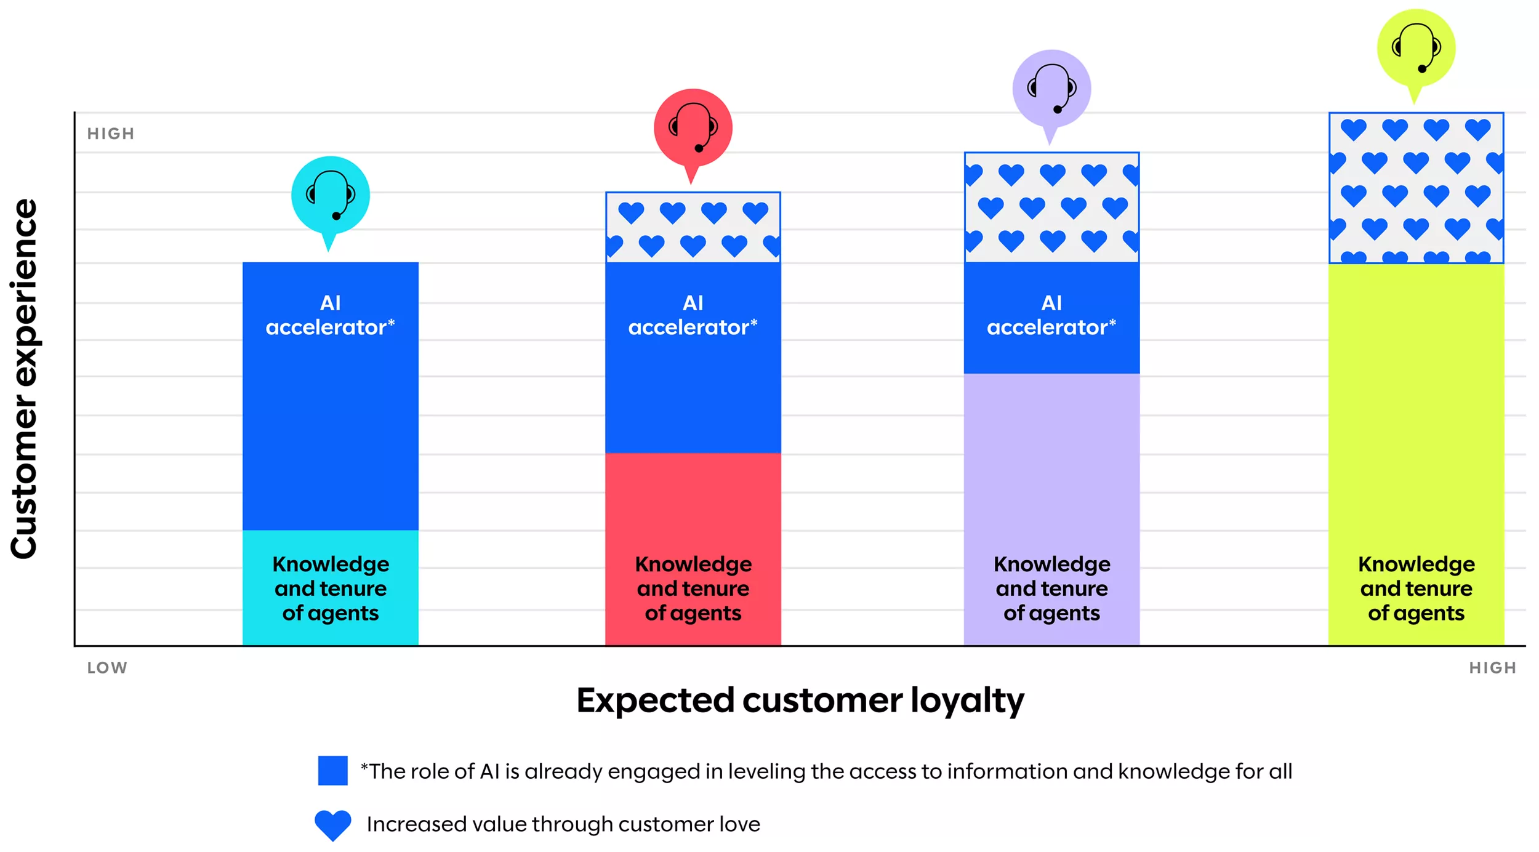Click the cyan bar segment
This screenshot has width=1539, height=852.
(x=330, y=587)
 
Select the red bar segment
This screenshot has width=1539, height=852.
(x=693, y=549)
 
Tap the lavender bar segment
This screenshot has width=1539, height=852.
(x=1051, y=509)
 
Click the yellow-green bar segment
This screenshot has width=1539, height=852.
(x=1416, y=454)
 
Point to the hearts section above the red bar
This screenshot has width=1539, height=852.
(x=693, y=227)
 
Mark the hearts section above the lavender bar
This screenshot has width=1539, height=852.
(x=1051, y=207)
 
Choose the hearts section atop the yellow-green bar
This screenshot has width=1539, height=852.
(x=1416, y=188)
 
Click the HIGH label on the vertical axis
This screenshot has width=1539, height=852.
(x=111, y=134)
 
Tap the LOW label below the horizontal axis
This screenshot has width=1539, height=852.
(x=107, y=668)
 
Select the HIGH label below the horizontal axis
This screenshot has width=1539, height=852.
(x=1492, y=668)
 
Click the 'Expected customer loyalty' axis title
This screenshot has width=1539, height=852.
(x=800, y=701)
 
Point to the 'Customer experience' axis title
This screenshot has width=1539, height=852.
(x=25, y=379)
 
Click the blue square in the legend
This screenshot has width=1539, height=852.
(x=332, y=771)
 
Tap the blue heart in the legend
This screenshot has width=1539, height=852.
(x=332, y=825)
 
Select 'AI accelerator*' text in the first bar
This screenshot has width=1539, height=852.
(x=330, y=315)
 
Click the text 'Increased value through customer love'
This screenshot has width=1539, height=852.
(x=563, y=824)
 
